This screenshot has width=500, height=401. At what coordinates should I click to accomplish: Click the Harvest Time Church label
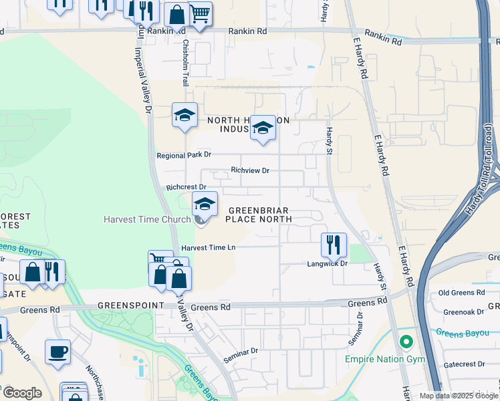[148, 219]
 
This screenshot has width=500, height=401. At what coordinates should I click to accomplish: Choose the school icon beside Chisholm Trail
[184, 115]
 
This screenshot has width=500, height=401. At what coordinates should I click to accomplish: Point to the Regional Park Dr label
[184, 154]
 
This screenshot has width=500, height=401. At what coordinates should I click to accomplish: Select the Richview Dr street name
[249, 170]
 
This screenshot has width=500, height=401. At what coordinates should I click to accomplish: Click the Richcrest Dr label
[186, 187]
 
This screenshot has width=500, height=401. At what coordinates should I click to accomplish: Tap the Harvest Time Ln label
[209, 247]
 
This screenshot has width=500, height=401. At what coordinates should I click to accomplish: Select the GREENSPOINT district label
[130, 305]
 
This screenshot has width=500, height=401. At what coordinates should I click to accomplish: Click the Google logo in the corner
[21, 393]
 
